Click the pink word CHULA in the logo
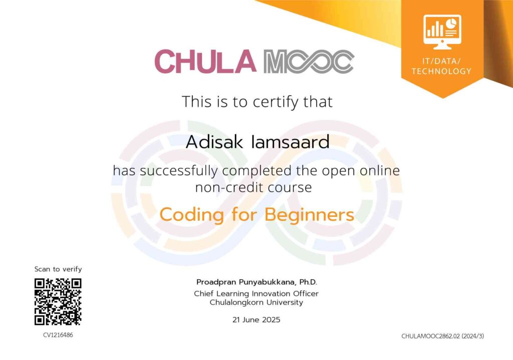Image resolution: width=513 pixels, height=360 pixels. click(x=205, y=62)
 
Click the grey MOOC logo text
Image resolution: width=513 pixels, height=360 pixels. click(x=309, y=62)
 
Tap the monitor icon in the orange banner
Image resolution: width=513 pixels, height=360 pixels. click(x=442, y=32)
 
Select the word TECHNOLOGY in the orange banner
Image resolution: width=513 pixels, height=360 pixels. click(x=441, y=71)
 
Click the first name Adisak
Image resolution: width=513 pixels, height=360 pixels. click(x=214, y=142)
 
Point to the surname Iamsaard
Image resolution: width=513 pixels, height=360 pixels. click(x=290, y=142)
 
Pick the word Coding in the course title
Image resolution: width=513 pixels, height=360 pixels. click(x=192, y=215)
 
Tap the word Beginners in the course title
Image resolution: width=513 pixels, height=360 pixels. click(x=309, y=215)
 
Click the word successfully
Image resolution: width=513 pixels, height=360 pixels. click(x=179, y=171)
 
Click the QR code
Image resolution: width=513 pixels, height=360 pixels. click(x=58, y=302)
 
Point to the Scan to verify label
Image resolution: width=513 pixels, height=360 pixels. click(x=58, y=269)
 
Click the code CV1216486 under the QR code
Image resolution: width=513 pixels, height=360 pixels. click(x=58, y=335)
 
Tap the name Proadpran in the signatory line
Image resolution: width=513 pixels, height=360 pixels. click(x=216, y=282)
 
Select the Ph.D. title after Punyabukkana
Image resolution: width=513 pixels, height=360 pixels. click(x=308, y=282)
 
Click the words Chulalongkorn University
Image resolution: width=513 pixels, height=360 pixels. click(x=256, y=302)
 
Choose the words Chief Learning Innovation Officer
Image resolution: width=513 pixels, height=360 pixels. click(x=256, y=293)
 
